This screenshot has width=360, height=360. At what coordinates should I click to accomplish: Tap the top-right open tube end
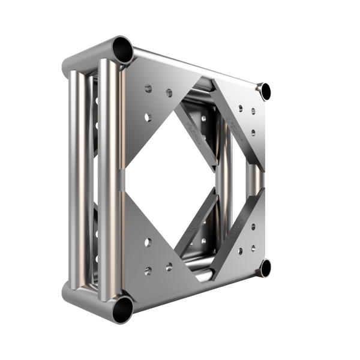click(265, 91)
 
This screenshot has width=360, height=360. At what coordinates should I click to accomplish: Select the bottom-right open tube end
click(265, 268)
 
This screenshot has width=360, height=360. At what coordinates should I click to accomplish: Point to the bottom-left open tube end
click(124, 307)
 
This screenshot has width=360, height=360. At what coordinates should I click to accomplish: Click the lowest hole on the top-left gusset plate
click(148, 116)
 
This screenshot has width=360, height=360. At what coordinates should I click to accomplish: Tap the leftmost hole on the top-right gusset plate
click(240, 108)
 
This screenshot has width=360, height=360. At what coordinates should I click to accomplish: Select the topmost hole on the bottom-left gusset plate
click(148, 242)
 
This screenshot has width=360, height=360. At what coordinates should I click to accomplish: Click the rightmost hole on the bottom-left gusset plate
click(169, 266)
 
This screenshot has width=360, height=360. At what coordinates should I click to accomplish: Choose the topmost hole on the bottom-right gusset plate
click(253, 227)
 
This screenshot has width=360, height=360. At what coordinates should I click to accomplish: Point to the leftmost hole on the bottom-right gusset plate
click(240, 251)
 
